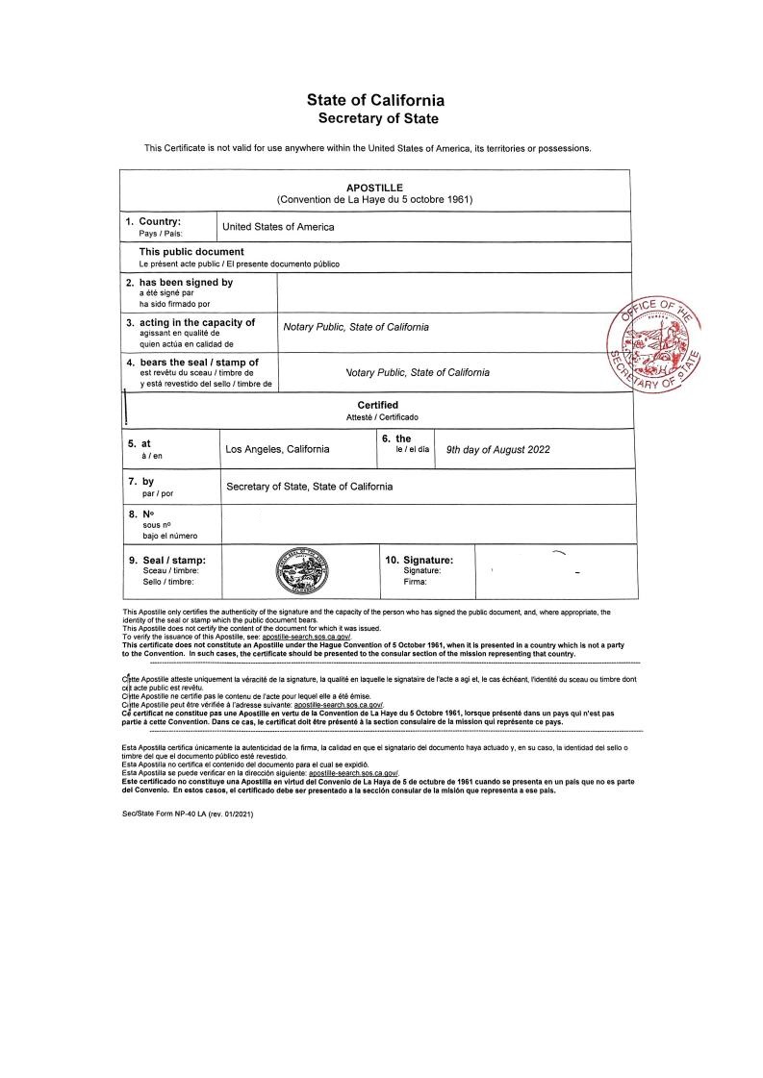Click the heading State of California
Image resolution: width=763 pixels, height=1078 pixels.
click(375, 100)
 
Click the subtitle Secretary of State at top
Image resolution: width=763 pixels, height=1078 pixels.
click(377, 119)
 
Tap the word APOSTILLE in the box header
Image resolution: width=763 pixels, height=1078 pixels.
click(374, 187)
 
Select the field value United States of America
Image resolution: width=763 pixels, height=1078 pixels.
click(278, 227)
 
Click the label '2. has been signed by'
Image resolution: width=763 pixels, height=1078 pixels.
click(179, 283)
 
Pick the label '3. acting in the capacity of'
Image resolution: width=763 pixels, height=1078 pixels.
click(191, 322)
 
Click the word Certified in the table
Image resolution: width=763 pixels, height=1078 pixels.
click(377, 405)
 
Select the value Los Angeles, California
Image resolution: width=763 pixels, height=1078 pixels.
click(277, 449)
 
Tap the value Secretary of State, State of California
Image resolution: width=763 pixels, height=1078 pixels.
click(309, 487)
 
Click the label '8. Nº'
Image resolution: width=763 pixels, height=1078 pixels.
click(141, 514)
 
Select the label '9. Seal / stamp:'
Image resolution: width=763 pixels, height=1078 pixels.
click(166, 559)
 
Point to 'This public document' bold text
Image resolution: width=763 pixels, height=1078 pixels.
click(191, 252)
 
